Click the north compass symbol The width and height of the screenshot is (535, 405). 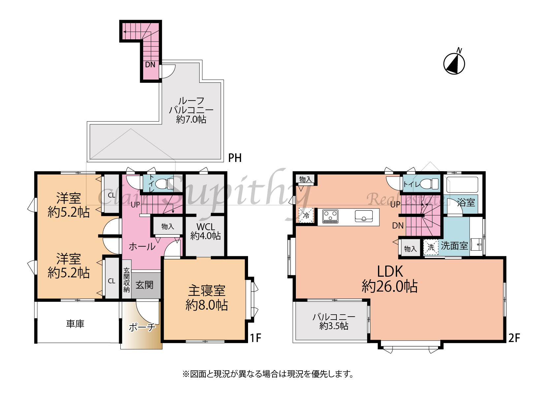[x=454, y=63]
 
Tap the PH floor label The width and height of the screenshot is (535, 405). [x=235, y=158]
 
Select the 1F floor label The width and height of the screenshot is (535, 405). [x=255, y=338]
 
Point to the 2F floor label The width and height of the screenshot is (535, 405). [x=514, y=338]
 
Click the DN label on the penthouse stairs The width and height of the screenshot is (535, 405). [x=150, y=65]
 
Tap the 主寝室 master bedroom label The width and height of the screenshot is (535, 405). [x=207, y=291]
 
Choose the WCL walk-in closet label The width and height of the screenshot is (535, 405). [x=205, y=227]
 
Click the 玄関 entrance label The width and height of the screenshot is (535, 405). [x=144, y=285]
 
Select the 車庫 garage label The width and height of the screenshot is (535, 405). [x=75, y=324]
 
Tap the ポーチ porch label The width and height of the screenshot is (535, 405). [x=142, y=327]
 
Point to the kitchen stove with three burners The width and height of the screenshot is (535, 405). [x=330, y=216]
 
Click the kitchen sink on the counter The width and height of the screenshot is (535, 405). [x=364, y=216]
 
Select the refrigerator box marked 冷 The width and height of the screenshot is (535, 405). [x=306, y=215]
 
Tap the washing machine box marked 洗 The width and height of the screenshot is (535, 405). [x=431, y=247]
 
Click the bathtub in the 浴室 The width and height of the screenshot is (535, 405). [x=462, y=185]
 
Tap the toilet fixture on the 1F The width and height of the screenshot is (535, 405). [x=165, y=184]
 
